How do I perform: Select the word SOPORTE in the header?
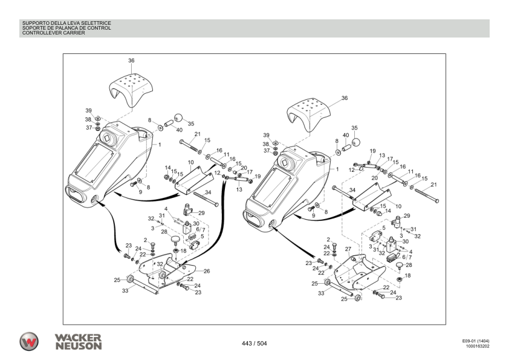pyautogui.click(x=33, y=28)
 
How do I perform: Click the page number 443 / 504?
pyautogui.click(x=254, y=344)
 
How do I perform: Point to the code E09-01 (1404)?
pyautogui.click(x=475, y=341)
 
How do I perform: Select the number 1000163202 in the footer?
pyautogui.click(x=477, y=347)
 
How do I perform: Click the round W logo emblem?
pyautogui.click(x=28, y=341)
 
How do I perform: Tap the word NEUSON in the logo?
pyautogui.click(x=79, y=345)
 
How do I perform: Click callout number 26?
pyautogui.click(x=206, y=271)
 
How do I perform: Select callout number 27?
pyautogui.click(x=348, y=249)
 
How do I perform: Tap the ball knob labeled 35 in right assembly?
pyautogui.click(x=356, y=142)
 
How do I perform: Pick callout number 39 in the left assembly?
pyautogui.click(x=88, y=111)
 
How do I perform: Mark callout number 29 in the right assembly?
pyautogui.click(x=407, y=216)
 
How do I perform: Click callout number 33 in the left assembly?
pyautogui.click(x=125, y=291)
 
